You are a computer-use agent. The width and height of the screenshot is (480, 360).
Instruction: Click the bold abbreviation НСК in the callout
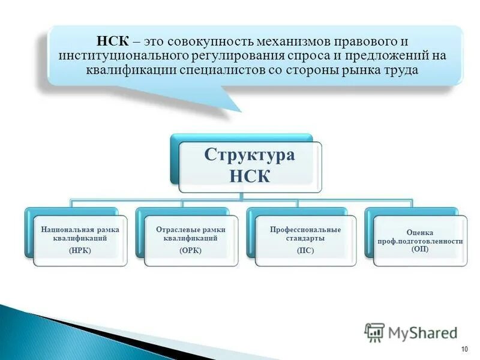pos(112,42)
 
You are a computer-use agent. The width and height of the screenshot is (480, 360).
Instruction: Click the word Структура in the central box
pos(250,155)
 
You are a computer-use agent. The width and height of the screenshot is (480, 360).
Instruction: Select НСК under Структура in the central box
pos(250,176)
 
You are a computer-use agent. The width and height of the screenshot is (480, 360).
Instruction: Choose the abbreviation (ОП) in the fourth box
pos(420,249)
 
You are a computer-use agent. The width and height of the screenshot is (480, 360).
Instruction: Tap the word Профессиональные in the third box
pos(305,229)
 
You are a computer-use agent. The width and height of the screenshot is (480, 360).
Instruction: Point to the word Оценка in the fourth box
pos(420,232)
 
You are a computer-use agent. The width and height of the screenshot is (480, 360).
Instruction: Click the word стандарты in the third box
pos(305,238)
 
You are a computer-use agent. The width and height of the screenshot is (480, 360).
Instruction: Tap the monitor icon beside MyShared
pos(374,332)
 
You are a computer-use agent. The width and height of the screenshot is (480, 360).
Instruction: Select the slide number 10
pos(464,350)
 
